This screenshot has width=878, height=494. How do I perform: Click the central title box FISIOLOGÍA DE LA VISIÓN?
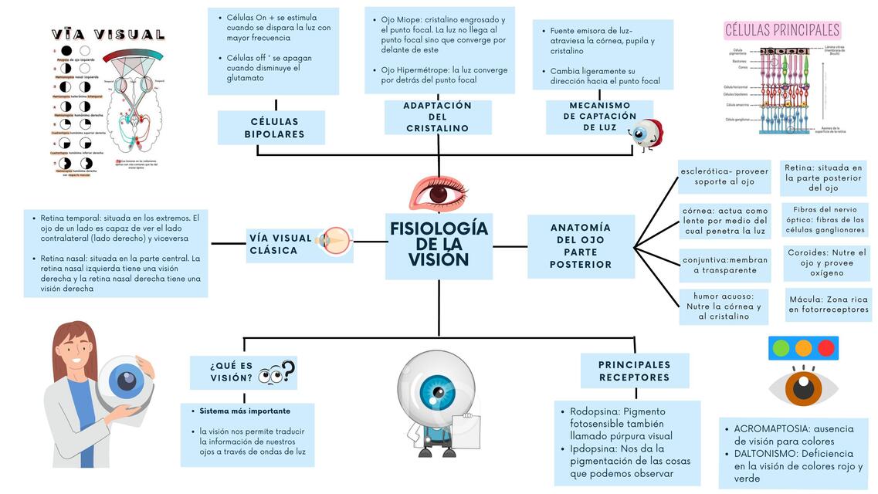[439, 245]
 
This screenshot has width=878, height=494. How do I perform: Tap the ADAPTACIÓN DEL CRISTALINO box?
[438, 117]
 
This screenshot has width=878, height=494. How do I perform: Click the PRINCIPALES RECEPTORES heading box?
[634, 370]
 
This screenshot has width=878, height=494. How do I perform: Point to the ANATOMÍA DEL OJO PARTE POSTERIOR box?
[580, 245]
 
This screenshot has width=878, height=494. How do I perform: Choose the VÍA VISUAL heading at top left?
[108, 35]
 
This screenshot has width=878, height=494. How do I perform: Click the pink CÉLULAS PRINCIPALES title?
[781, 30]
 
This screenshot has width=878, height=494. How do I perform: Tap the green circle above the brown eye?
[781, 348]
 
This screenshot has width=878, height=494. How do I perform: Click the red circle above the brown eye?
[826, 348]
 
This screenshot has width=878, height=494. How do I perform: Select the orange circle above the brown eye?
[804, 348]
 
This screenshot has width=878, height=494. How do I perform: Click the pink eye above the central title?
[438, 192]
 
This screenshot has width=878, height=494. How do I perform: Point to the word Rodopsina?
[594, 411]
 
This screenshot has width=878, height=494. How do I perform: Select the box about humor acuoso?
[724, 306]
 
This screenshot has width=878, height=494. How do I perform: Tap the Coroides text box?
[826, 262]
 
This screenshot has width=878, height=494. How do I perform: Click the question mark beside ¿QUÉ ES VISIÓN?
[288, 371]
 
